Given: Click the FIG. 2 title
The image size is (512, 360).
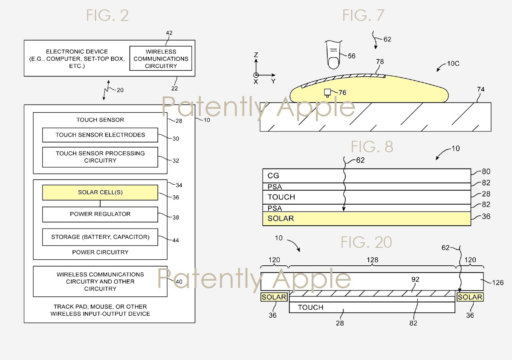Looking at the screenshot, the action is click(x=107, y=15).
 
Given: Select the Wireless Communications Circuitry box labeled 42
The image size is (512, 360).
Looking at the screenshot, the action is click(x=161, y=58).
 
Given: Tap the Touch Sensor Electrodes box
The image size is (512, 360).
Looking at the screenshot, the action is click(x=100, y=135).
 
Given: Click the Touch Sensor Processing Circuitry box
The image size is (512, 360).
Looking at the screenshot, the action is click(x=100, y=157).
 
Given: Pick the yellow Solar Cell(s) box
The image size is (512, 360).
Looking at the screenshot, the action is click(x=100, y=192).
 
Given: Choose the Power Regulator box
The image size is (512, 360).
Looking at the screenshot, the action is click(x=100, y=214).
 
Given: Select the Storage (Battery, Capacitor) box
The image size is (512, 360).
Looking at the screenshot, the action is click(x=100, y=237).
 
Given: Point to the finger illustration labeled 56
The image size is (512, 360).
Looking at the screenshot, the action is click(x=333, y=55).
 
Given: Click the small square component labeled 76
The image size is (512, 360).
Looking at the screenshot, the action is click(x=327, y=93).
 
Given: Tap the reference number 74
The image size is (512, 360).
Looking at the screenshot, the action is click(x=481, y=89).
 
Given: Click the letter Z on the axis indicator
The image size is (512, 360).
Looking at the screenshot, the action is click(x=256, y=55).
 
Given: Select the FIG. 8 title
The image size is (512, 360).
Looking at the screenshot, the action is click(x=372, y=147).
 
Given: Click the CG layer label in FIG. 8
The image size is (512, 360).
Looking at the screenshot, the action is click(x=273, y=176).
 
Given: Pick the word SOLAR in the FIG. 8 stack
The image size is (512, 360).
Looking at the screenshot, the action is click(x=281, y=218).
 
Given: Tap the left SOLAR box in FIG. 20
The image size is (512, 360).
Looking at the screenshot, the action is click(x=274, y=297).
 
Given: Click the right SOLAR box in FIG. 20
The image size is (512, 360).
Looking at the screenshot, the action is click(x=470, y=297).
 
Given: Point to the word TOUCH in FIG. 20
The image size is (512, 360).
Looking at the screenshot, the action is click(x=311, y=308).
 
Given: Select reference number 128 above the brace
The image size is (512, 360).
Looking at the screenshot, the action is click(x=372, y=260).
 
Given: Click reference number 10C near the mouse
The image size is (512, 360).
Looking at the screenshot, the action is click(x=453, y=64).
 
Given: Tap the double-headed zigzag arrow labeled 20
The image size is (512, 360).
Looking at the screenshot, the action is click(x=106, y=90).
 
